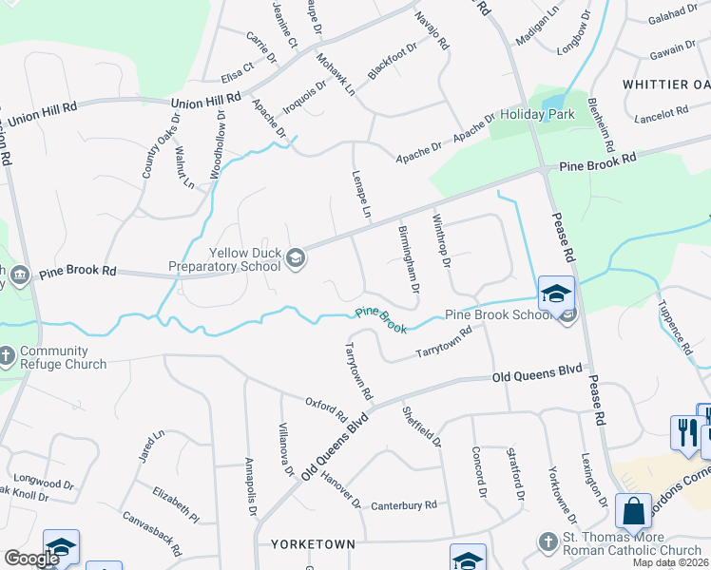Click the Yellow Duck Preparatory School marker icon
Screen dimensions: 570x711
coord(296,258)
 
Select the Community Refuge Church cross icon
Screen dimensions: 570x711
coord(8,356)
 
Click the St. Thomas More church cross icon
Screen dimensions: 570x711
coord(547,542)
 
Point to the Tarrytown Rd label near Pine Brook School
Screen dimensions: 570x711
coord(445,344)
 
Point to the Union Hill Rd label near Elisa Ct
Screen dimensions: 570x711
coord(205,101)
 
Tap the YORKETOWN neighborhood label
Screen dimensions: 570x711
coord(313,544)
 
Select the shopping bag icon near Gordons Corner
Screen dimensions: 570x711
coord(633,513)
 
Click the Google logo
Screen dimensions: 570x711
coord(31,559)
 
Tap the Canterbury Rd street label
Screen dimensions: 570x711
coord(404,504)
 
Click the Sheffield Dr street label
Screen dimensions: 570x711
coord(422,427)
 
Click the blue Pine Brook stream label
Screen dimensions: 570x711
coord(381,320)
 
